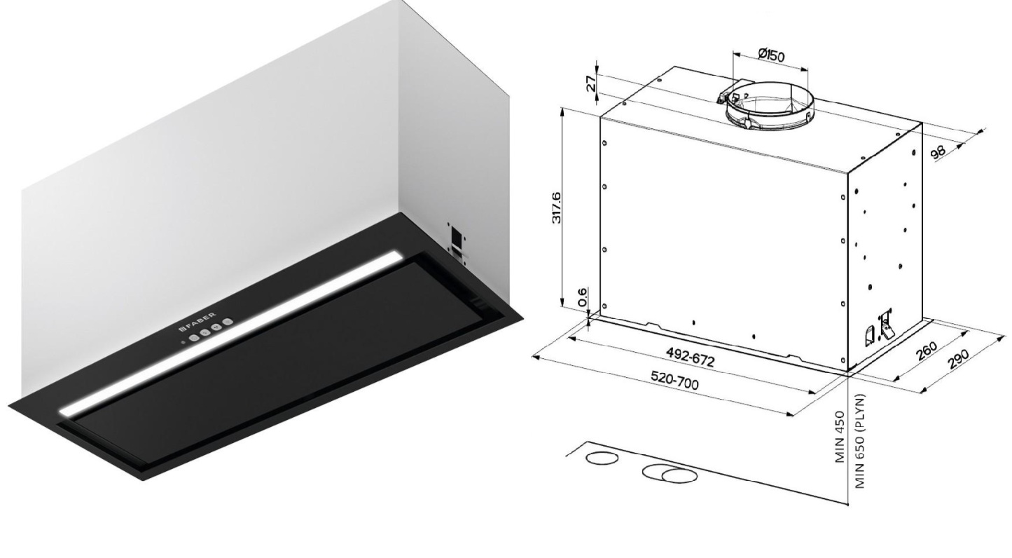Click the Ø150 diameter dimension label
click(x=771, y=55)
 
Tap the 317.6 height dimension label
click(x=556, y=207)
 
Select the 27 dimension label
click(x=590, y=83)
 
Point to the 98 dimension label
click(x=938, y=151)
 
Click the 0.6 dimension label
click(x=583, y=297)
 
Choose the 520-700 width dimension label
click(x=674, y=380)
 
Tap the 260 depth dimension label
click(x=927, y=351)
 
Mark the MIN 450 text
click(x=840, y=436)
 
